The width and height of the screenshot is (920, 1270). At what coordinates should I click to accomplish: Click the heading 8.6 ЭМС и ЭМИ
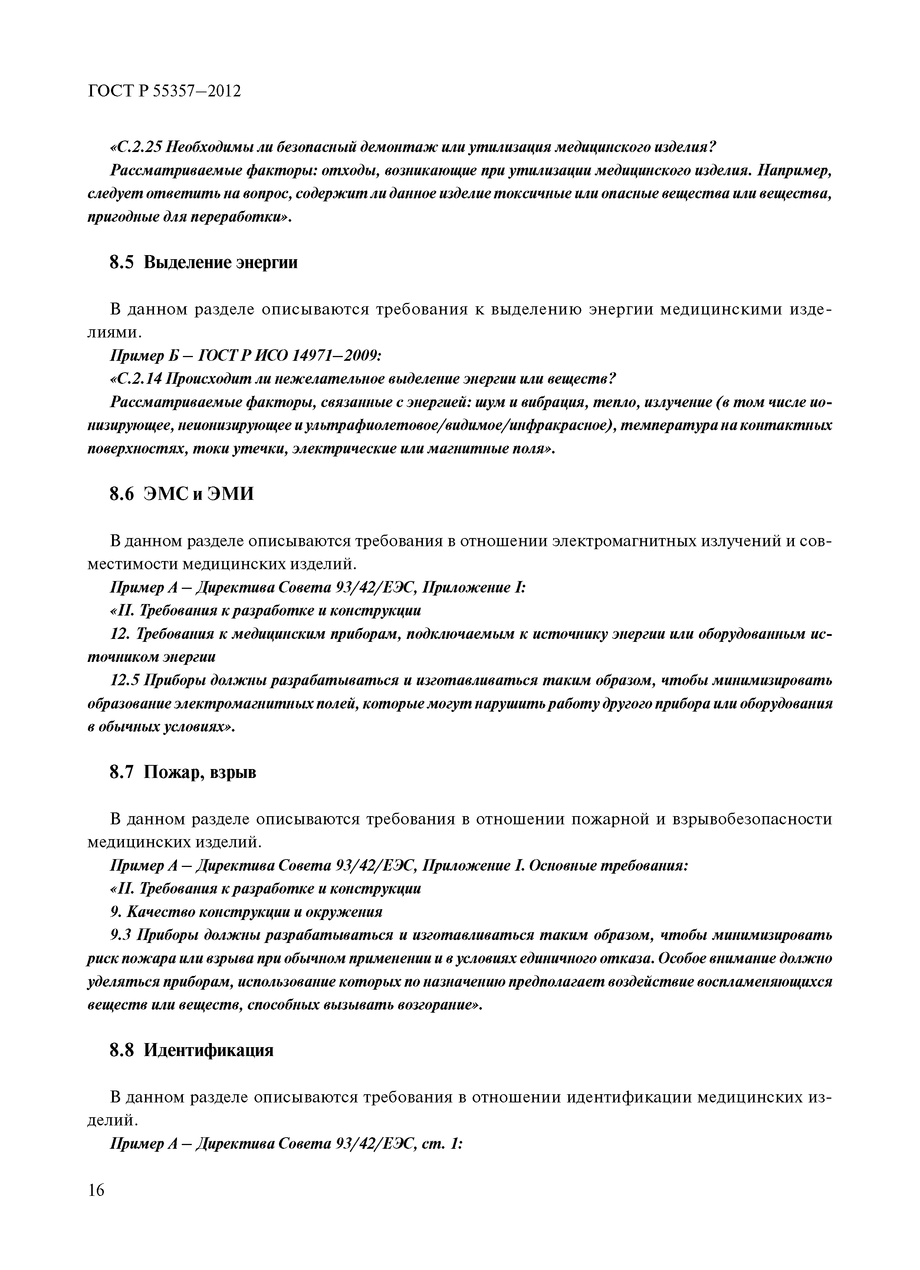click(x=181, y=493)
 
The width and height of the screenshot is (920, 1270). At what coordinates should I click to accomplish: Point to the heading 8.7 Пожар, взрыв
click(x=183, y=772)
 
